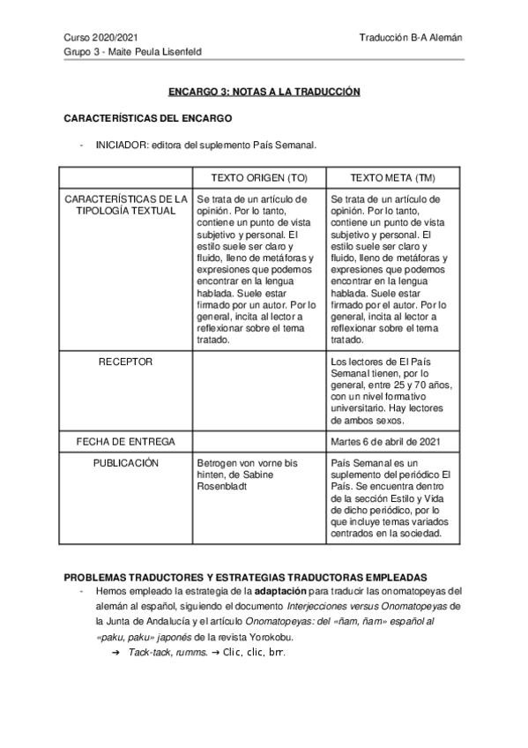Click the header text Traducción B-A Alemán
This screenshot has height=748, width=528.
coord(411,38)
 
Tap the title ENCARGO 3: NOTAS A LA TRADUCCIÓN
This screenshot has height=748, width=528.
coord(264,92)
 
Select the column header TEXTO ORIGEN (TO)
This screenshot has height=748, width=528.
coord(258,177)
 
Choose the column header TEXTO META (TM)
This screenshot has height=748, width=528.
coord(391,177)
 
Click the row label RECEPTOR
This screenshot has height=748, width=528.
coord(126,362)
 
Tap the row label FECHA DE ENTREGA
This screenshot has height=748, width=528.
coord(126,441)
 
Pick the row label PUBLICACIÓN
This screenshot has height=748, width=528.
coord(126,462)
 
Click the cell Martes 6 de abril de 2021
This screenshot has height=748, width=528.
coord(387,441)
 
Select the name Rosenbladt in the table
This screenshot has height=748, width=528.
coord(227,485)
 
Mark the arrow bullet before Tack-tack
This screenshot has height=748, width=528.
coord(115,652)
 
